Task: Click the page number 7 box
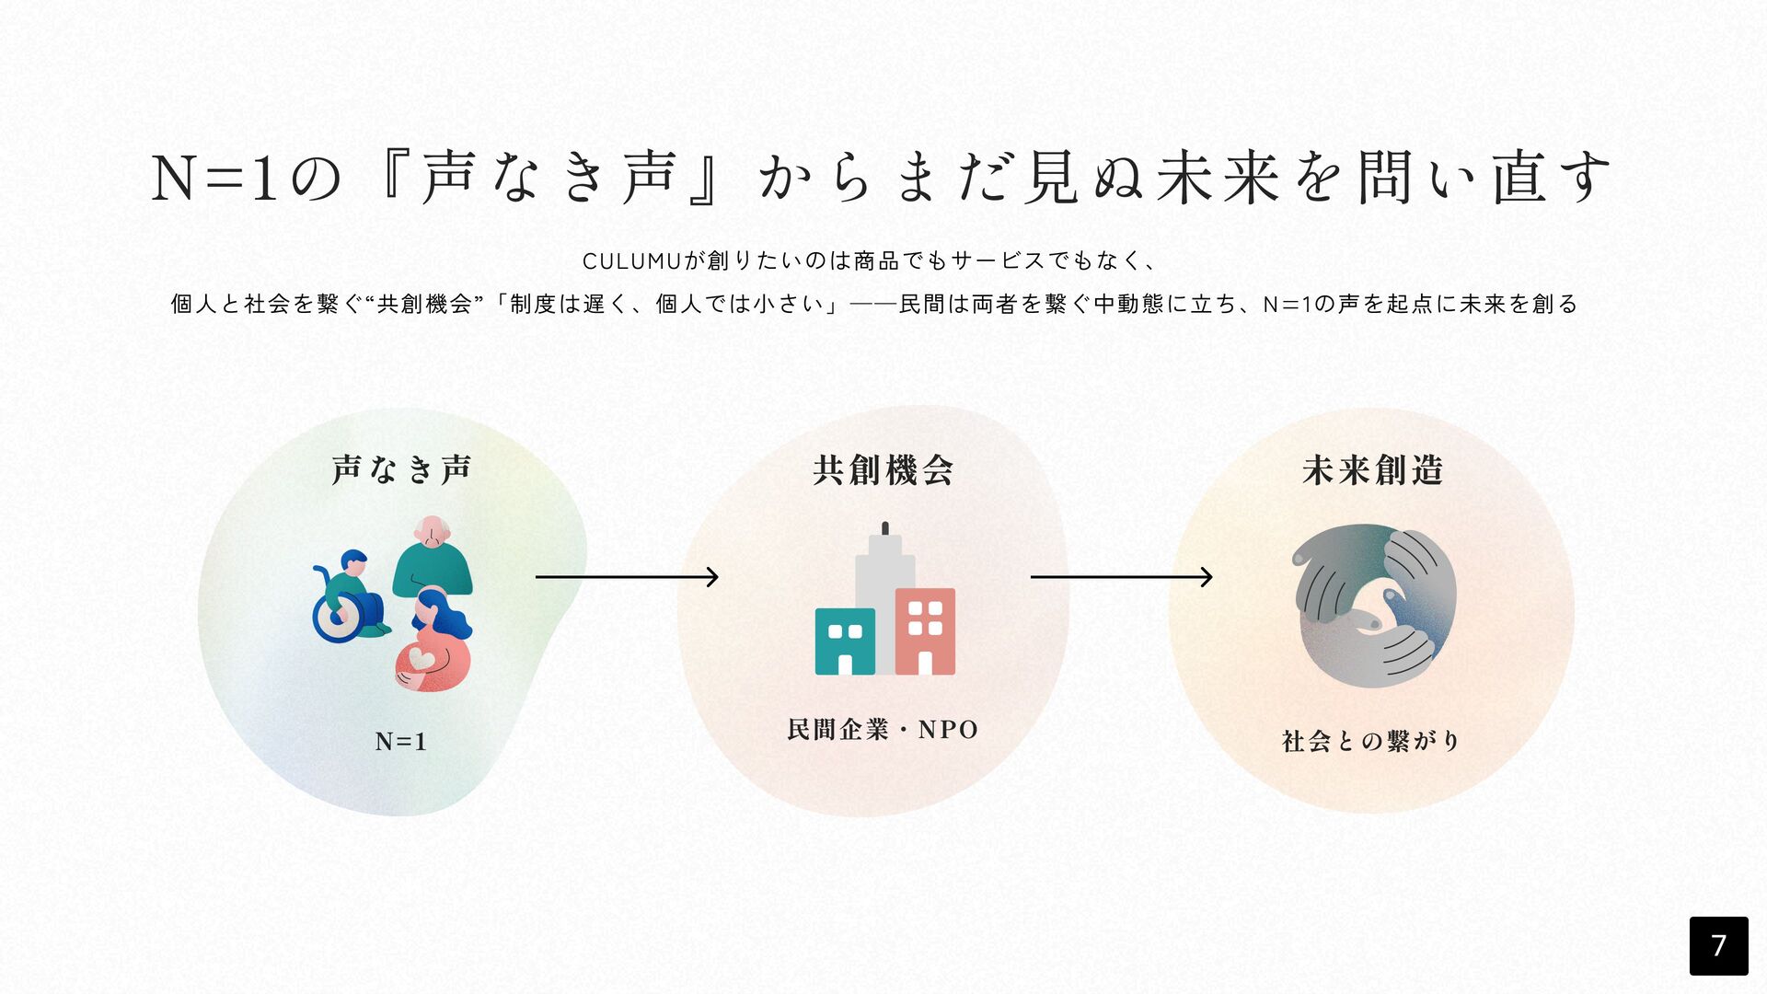point(1718,945)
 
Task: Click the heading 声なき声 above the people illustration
point(401,469)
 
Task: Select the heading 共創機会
point(883,470)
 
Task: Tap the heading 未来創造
point(1372,470)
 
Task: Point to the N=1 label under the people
point(401,741)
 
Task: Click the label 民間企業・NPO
point(883,730)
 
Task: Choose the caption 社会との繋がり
point(1370,741)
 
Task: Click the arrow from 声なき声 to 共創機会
point(626,577)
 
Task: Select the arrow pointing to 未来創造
point(1121,577)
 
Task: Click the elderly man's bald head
point(432,529)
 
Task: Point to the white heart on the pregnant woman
point(422,659)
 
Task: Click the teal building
point(845,641)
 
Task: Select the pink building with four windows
point(925,631)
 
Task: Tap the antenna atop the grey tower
point(885,528)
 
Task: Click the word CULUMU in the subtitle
point(631,261)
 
